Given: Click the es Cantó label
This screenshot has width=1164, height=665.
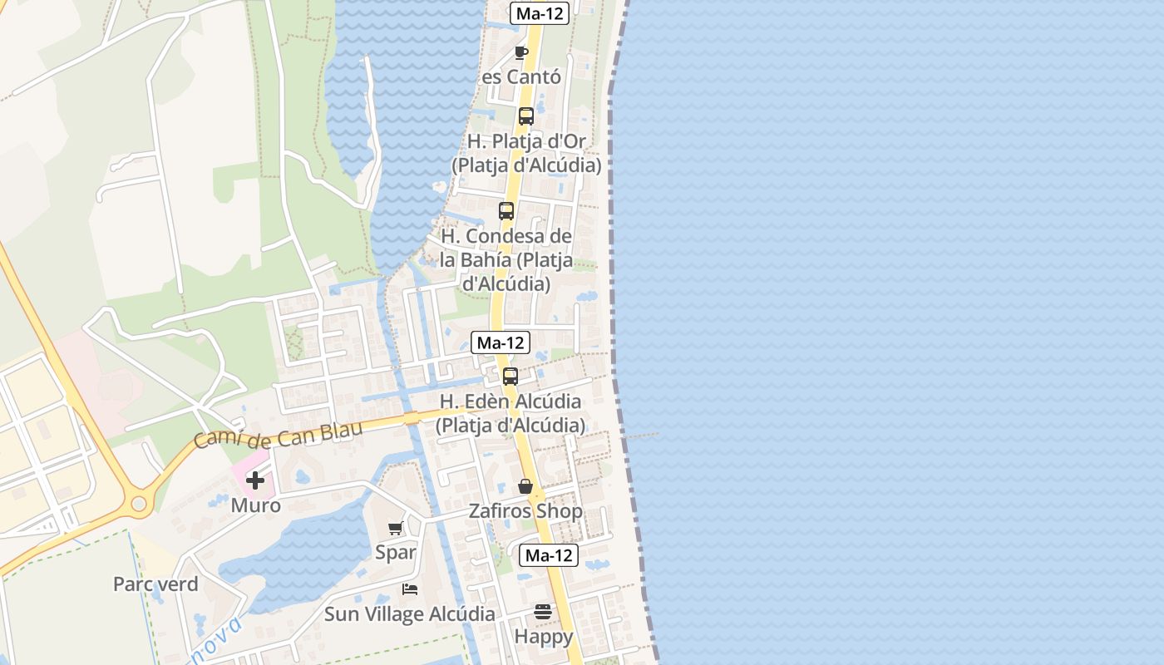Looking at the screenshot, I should (521, 77).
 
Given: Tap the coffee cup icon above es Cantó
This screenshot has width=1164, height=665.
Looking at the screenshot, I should (521, 52).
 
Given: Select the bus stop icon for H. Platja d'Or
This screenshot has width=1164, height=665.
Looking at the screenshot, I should (525, 116).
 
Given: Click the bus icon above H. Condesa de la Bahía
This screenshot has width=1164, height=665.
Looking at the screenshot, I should (506, 211).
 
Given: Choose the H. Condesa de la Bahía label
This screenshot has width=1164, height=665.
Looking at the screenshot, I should (506, 260).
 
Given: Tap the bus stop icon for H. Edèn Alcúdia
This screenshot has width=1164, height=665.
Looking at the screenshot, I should (510, 376).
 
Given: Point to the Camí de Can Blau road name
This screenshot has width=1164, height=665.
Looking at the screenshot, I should (279, 434).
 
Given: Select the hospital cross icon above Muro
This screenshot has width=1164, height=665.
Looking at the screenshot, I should (254, 480).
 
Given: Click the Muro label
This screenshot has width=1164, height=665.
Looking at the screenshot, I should (255, 505).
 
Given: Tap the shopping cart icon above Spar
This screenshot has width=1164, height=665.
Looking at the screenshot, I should (396, 528).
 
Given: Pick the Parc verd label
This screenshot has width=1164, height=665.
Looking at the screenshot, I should (155, 584).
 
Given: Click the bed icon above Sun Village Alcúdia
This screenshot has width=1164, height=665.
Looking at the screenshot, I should (409, 589).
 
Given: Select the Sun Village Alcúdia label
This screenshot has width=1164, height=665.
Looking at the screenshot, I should (409, 614).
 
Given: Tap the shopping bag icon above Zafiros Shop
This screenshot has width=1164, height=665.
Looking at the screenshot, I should (525, 486).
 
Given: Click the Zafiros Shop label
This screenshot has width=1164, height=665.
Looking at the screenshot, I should (525, 511).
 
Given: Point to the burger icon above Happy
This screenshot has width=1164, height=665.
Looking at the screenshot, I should (543, 612).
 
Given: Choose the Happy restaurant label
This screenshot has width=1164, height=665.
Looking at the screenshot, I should (544, 637).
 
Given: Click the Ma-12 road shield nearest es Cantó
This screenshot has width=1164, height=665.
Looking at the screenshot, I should (540, 13).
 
